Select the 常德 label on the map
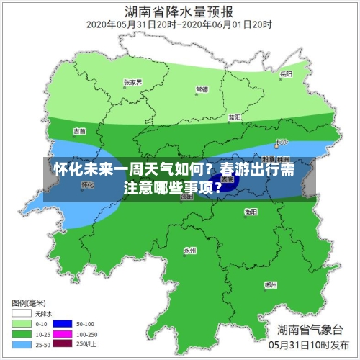click(202, 89)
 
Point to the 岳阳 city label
click(286, 74)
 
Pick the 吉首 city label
click(79, 131)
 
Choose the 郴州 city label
click(271, 285)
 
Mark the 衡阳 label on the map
click(251, 212)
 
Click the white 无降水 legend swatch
click(21, 313)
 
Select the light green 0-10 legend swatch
click(21, 323)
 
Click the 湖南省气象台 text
click(310, 330)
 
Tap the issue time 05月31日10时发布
click(310, 346)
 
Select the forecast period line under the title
click(179, 25)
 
